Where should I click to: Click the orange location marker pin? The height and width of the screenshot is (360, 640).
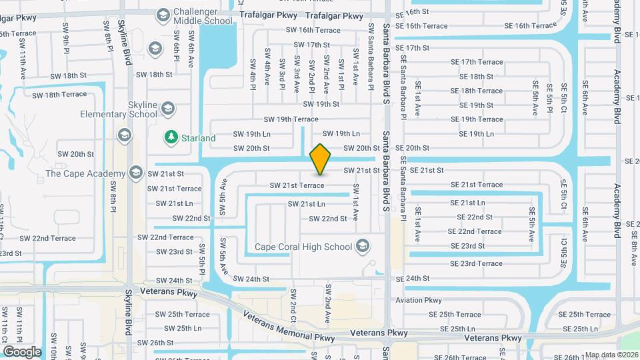tap(321, 159)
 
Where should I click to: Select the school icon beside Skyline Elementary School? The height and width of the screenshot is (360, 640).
tap(167, 107)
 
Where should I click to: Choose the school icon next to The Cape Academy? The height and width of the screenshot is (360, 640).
tap(136, 173)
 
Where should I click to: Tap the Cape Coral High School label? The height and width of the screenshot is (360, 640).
tap(303, 247)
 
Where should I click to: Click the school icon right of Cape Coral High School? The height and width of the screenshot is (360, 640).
tap(362, 247)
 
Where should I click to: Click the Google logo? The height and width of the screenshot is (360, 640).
tap(23, 351)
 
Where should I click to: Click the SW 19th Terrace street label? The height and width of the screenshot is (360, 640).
tap(291, 119)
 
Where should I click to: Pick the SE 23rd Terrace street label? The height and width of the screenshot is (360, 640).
tap(476, 263)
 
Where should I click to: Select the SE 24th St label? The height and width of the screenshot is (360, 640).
tap(412, 278)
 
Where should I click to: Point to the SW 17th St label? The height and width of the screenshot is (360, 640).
tap(311, 45)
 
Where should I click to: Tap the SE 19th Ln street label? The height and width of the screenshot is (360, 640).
tap(472, 134)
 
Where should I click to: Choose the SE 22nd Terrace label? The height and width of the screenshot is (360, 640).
tap(475, 231)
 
